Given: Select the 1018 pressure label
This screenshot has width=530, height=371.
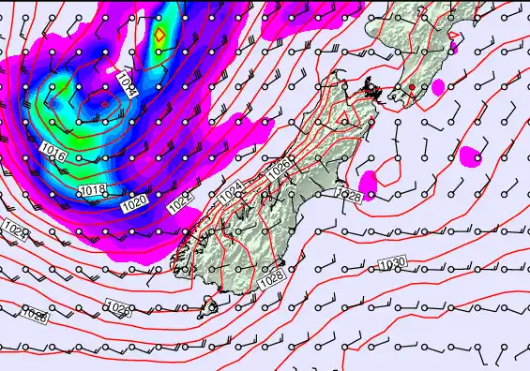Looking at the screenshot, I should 92,191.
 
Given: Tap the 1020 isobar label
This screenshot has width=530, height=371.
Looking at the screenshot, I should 134,201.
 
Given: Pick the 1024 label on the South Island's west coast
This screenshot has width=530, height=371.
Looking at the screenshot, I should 232,194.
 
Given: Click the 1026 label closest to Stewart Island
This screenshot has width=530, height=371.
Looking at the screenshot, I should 118,307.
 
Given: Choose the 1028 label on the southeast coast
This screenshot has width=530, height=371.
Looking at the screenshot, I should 272,278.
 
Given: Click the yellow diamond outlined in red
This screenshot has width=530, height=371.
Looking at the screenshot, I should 159,35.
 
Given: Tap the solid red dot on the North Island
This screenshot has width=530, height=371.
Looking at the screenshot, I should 411,87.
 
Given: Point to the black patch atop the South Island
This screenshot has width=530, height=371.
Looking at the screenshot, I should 371,89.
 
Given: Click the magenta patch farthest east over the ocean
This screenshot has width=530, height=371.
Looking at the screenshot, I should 472,155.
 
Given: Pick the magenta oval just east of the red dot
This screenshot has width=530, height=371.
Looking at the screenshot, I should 437,86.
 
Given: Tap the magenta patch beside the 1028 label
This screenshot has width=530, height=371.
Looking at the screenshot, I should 368,185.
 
